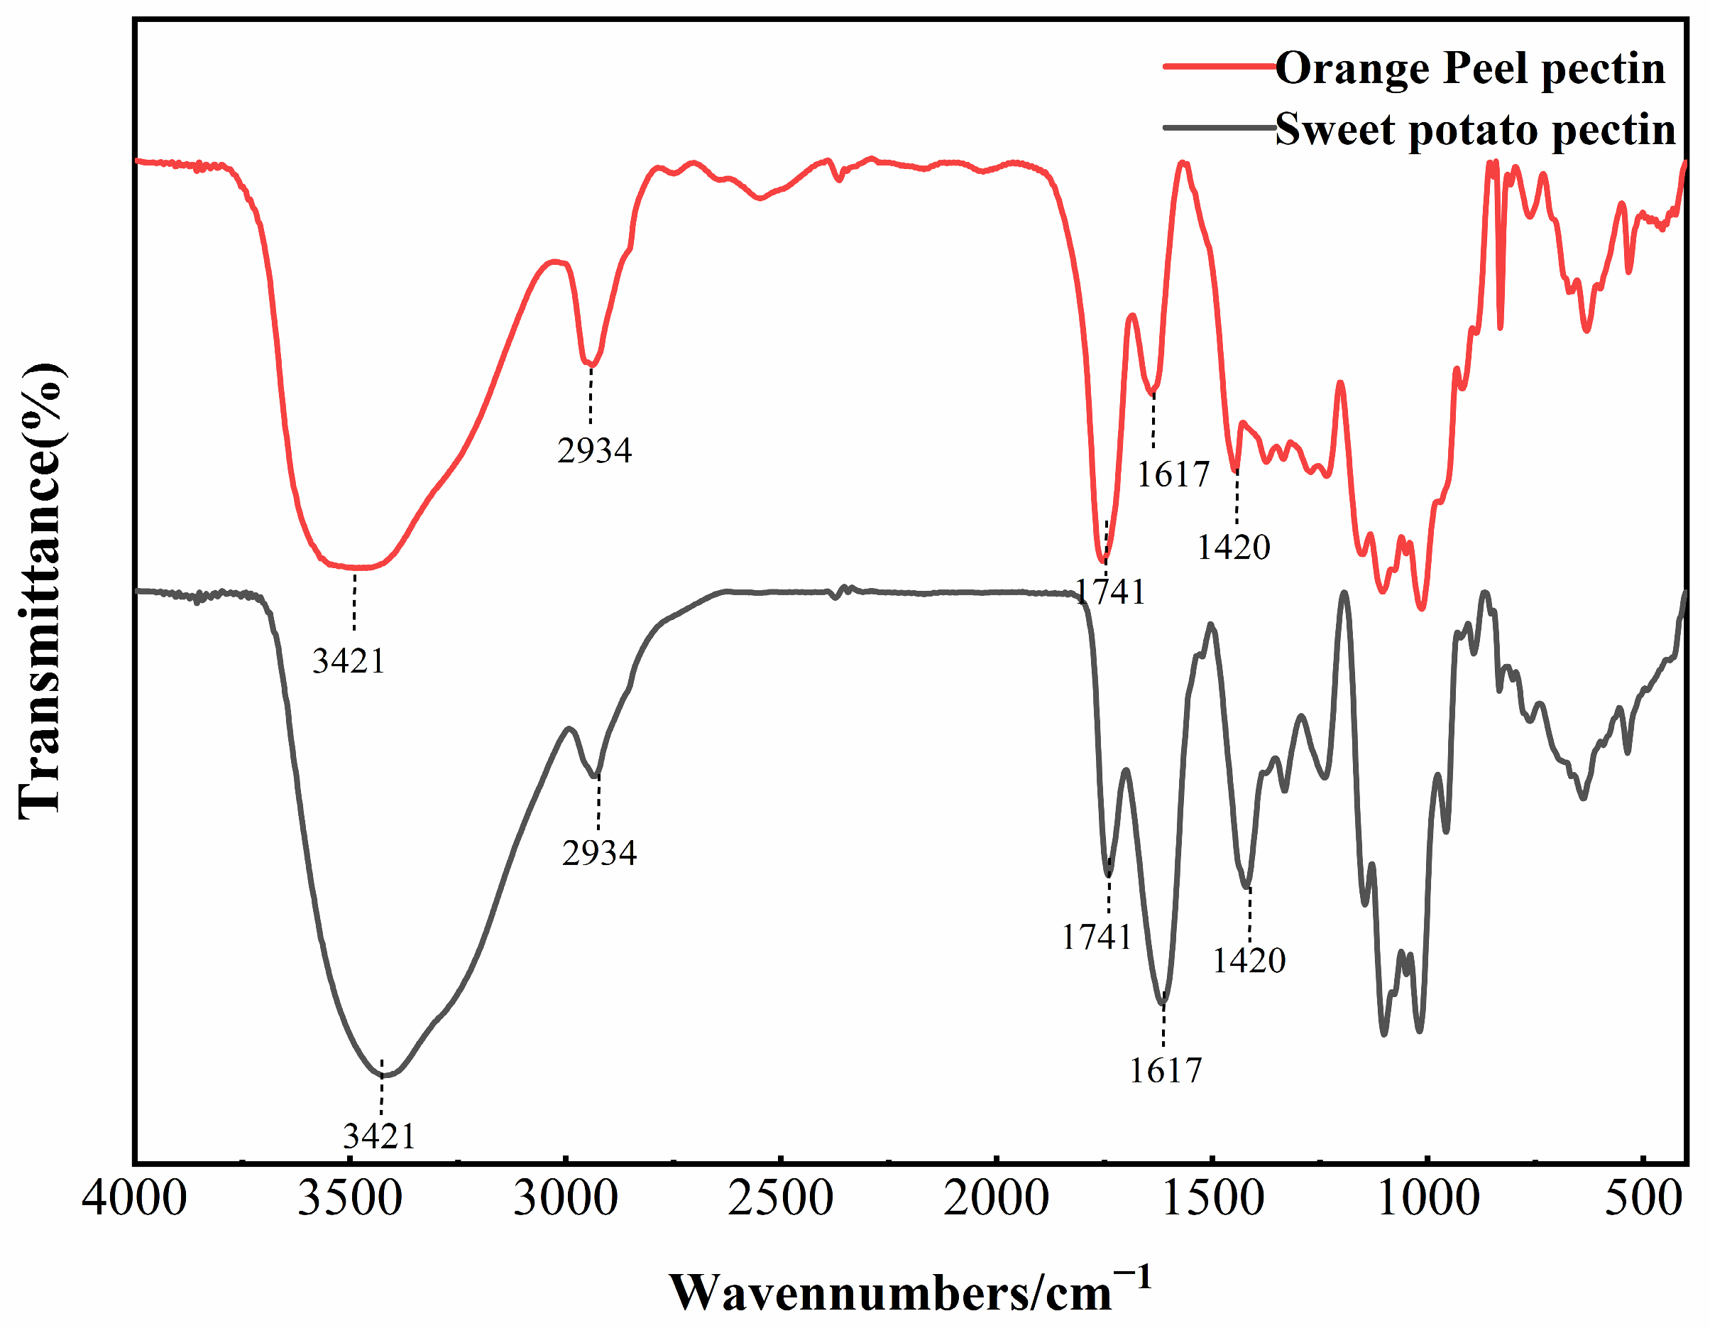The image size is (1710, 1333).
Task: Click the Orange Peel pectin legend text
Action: point(1469,68)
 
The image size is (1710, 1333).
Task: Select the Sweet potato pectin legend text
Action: point(1475,129)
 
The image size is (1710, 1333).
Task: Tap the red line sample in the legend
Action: point(1218,66)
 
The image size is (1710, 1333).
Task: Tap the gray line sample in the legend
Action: point(1218,126)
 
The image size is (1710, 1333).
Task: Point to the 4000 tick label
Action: point(135,1199)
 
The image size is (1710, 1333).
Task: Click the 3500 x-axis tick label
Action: point(350,1199)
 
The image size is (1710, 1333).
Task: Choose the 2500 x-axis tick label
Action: point(781,1199)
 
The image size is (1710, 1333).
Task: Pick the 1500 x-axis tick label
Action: point(1212,1199)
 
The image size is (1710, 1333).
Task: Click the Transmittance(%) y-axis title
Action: point(40,592)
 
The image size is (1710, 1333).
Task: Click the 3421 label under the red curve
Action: point(349,662)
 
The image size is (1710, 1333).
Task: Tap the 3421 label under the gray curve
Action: point(379,1136)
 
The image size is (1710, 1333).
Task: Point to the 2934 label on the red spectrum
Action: point(594,451)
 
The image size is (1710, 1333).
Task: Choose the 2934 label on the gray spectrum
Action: point(599,853)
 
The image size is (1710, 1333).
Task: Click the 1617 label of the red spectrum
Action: point(1173,474)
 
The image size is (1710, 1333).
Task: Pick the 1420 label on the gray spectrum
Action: point(1249,960)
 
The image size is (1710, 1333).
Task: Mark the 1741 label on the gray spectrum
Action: point(1097,937)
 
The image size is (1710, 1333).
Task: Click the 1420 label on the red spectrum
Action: point(1233,547)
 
